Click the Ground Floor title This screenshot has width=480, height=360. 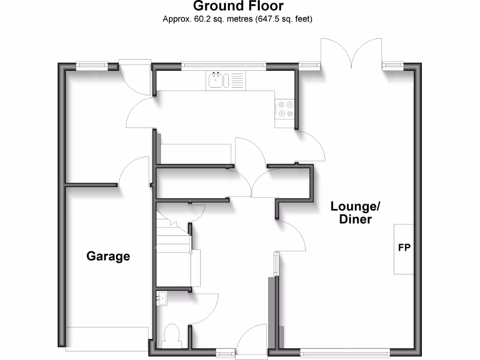pyautogui.click(x=238, y=6)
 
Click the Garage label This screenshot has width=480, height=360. pyautogui.click(x=108, y=256)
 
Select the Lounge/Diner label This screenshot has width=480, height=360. pyautogui.click(x=356, y=212)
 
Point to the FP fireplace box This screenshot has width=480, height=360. pyautogui.click(x=404, y=248)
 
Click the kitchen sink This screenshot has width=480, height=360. pyautogui.click(x=216, y=80)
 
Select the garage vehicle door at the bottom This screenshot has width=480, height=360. pyautogui.click(x=107, y=339)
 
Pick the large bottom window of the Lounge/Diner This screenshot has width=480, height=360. pyautogui.click(x=345, y=352)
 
